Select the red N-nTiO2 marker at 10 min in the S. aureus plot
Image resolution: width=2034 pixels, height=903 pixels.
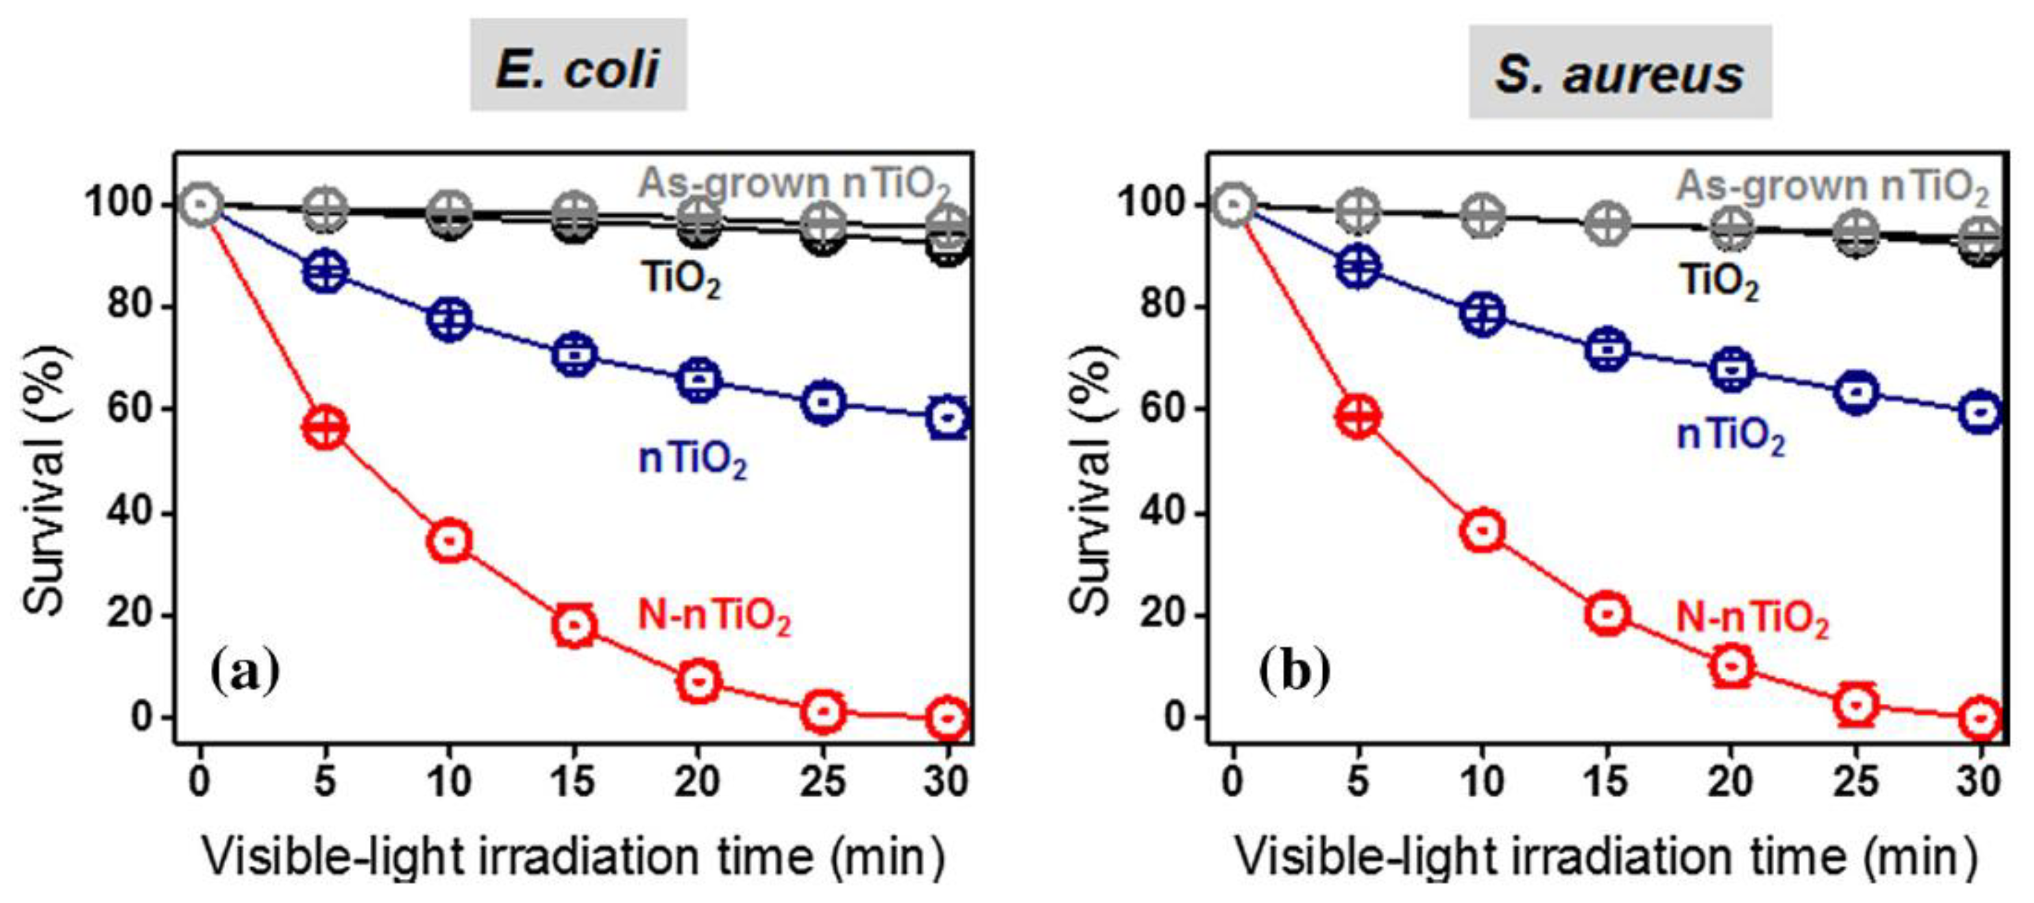coord(1482,530)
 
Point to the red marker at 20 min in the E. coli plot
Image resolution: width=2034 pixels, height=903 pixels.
coord(699,680)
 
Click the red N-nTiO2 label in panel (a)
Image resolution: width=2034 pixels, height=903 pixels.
coord(713,616)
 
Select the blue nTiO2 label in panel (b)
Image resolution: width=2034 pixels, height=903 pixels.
coord(1731,437)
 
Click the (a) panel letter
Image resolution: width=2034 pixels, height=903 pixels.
coord(245,671)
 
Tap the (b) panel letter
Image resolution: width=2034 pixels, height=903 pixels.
coord(1296,671)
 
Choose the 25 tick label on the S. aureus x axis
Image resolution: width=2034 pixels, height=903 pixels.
coord(1855,781)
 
